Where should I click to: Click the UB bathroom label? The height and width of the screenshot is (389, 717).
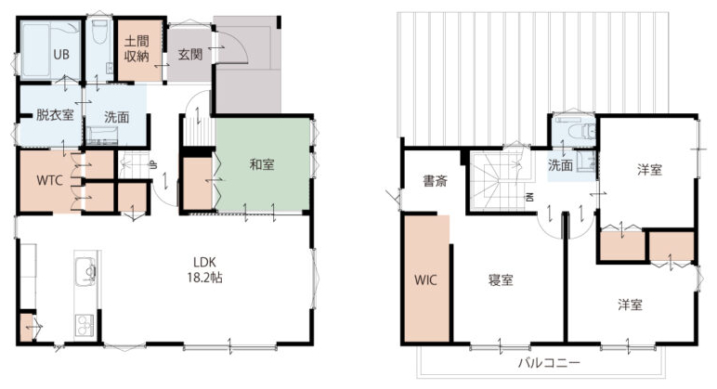pyautogui.click(x=60, y=55)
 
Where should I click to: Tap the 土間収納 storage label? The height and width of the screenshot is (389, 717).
pyautogui.click(x=137, y=48)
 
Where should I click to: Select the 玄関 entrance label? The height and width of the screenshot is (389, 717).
pyautogui.click(x=190, y=55)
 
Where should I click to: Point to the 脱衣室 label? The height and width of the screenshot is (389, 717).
pyautogui.click(x=55, y=114)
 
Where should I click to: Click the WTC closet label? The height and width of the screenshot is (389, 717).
pyautogui.click(x=49, y=180)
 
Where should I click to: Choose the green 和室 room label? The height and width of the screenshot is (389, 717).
pyautogui.click(x=262, y=164)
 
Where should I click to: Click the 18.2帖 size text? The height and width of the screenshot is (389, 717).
pyautogui.click(x=204, y=278)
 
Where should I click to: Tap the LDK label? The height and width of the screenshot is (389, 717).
pyautogui.click(x=204, y=263)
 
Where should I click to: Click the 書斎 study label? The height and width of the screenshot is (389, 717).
pyautogui.click(x=435, y=181)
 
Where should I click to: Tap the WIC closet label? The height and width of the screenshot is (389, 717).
pyautogui.click(x=425, y=279)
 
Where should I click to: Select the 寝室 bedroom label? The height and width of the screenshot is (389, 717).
pyautogui.click(x=501, y=279)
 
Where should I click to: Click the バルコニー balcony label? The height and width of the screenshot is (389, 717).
pyautogui.click(x=549, y=363)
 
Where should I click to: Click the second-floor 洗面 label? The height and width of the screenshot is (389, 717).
pyautogui.click(x=560, y=165)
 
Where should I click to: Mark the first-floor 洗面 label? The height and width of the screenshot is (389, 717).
pyautogui.click(x=117, y=117)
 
